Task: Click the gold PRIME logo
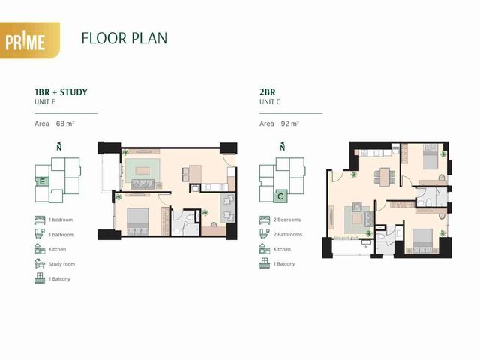(x=30, y=40)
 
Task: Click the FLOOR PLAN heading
(x=124, y=38)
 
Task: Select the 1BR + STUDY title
(x=61, y=91)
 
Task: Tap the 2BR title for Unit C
(x=268, y=91)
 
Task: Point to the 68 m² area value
(x=65, y=124)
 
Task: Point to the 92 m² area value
(x=290, y=124)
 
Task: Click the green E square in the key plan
(x=42, y=181)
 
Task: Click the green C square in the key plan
(x=280, y=196)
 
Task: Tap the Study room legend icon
(x=40, y=263)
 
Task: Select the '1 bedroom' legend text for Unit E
(x=61, y=220)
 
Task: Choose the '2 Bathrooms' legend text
(x=288, y=235)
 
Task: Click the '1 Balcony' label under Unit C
(x=284, y=264)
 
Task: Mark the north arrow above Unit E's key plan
(x=59, y=147)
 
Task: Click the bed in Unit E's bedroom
(x=138, y=221)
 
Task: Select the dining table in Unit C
(x=385, y=177)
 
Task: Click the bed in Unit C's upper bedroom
(x=430, y=157)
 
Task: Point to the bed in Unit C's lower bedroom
(x=422, y=240)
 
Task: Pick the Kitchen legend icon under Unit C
(x=265, y=249)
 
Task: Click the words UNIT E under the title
(x=45, y=102)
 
